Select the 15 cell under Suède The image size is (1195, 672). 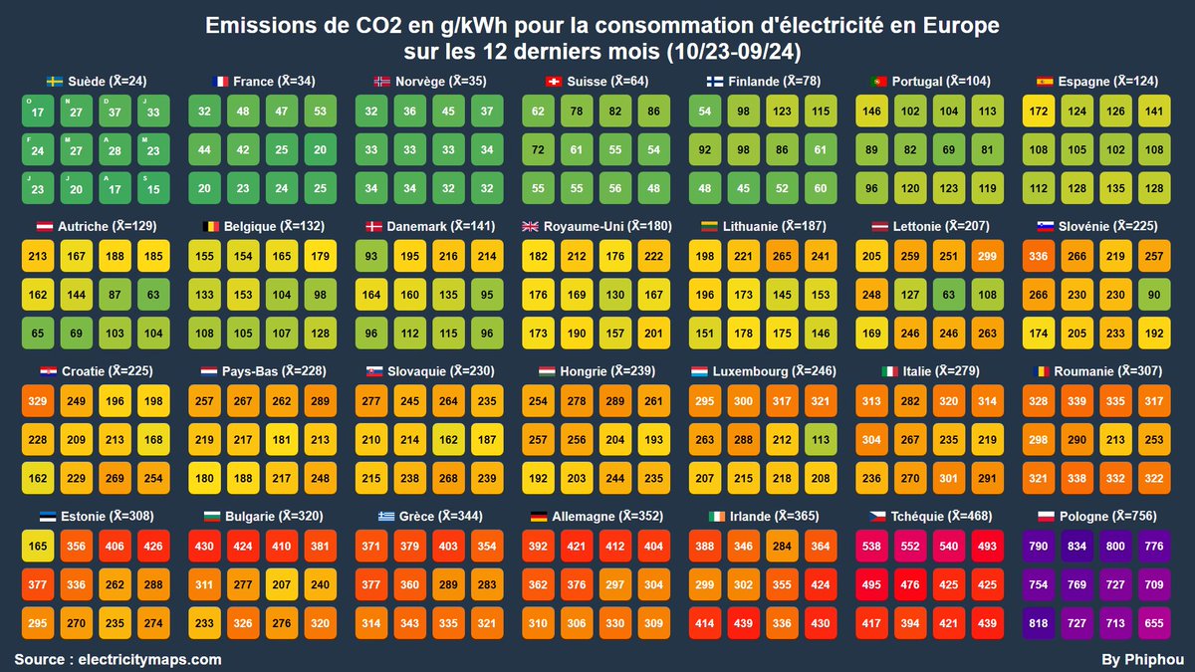pos(152,188)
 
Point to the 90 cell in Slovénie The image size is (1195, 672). pos(1152,295)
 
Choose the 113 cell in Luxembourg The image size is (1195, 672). pos(819,440)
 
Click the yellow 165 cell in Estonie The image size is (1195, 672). pos(38,548)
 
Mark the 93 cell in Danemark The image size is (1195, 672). pos(370,257)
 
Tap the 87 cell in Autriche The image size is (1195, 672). pos(115,295)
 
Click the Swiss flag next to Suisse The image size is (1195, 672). pos(553,82)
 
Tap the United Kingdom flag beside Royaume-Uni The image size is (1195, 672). pos(530,227)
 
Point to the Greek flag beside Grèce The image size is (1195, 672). pos(384,517)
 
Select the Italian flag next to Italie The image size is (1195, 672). pos(889,371)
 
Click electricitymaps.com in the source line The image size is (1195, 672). pos(148,659)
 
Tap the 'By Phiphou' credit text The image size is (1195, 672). pos(1142,659)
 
